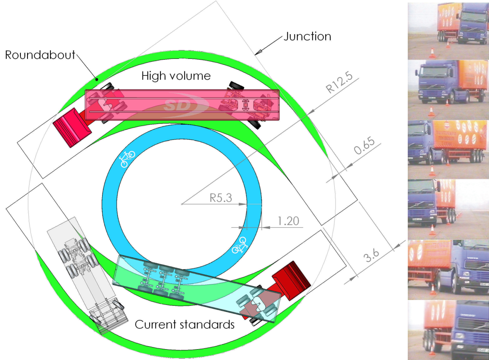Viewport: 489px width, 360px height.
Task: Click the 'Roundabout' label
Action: (40, 55)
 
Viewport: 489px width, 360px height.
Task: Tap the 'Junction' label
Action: (308, 36)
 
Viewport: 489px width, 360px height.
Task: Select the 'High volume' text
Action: (176, 76)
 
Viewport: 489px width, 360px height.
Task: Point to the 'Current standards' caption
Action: (185, 325)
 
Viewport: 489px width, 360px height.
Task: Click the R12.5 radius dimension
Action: (339, 82)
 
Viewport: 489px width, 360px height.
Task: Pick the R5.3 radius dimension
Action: (221, 198)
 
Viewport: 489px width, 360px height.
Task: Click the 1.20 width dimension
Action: (288, 221)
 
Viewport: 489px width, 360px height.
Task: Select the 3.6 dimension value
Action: (371, 255)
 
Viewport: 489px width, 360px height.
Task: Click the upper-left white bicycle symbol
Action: (127, 159)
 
